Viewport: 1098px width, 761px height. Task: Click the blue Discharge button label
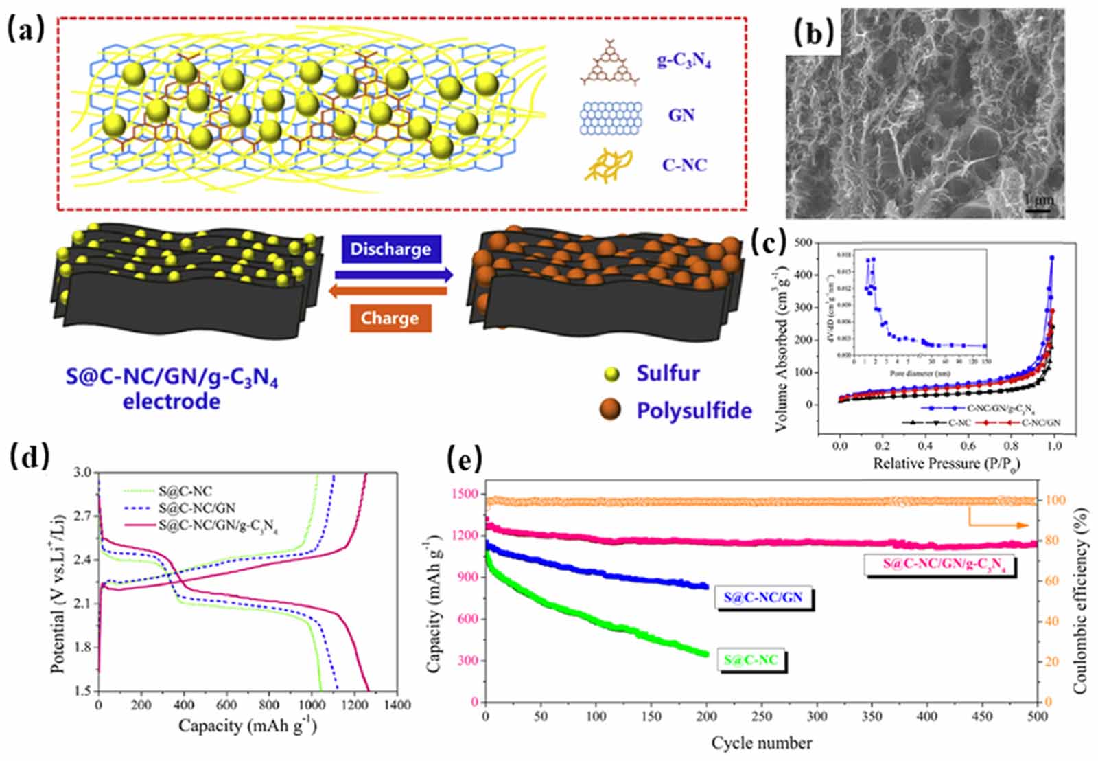(x=390, y=249)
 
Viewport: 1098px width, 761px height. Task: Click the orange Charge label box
(x=390, y=318)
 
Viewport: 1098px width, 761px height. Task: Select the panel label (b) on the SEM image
(x=813, y=32)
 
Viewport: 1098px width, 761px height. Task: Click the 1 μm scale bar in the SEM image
(x=1038, y=204)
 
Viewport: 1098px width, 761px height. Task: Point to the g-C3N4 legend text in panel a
(x=684, y=62)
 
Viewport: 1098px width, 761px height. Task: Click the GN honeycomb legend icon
(x=611, y=117)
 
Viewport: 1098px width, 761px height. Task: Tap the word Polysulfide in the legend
(x=694, y=410)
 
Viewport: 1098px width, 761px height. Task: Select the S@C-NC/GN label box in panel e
(x=762, y=598)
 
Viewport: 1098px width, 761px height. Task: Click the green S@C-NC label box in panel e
(x=751, y=660)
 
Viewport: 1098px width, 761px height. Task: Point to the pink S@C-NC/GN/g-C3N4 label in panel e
(x=939, y=565)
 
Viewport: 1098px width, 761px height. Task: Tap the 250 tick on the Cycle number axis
(x=762, y=716)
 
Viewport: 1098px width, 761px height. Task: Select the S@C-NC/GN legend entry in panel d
(x=196, y=509)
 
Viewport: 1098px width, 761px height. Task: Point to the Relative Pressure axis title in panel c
(x=946, y=464)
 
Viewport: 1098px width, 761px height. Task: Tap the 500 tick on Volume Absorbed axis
(x=802, y=242)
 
